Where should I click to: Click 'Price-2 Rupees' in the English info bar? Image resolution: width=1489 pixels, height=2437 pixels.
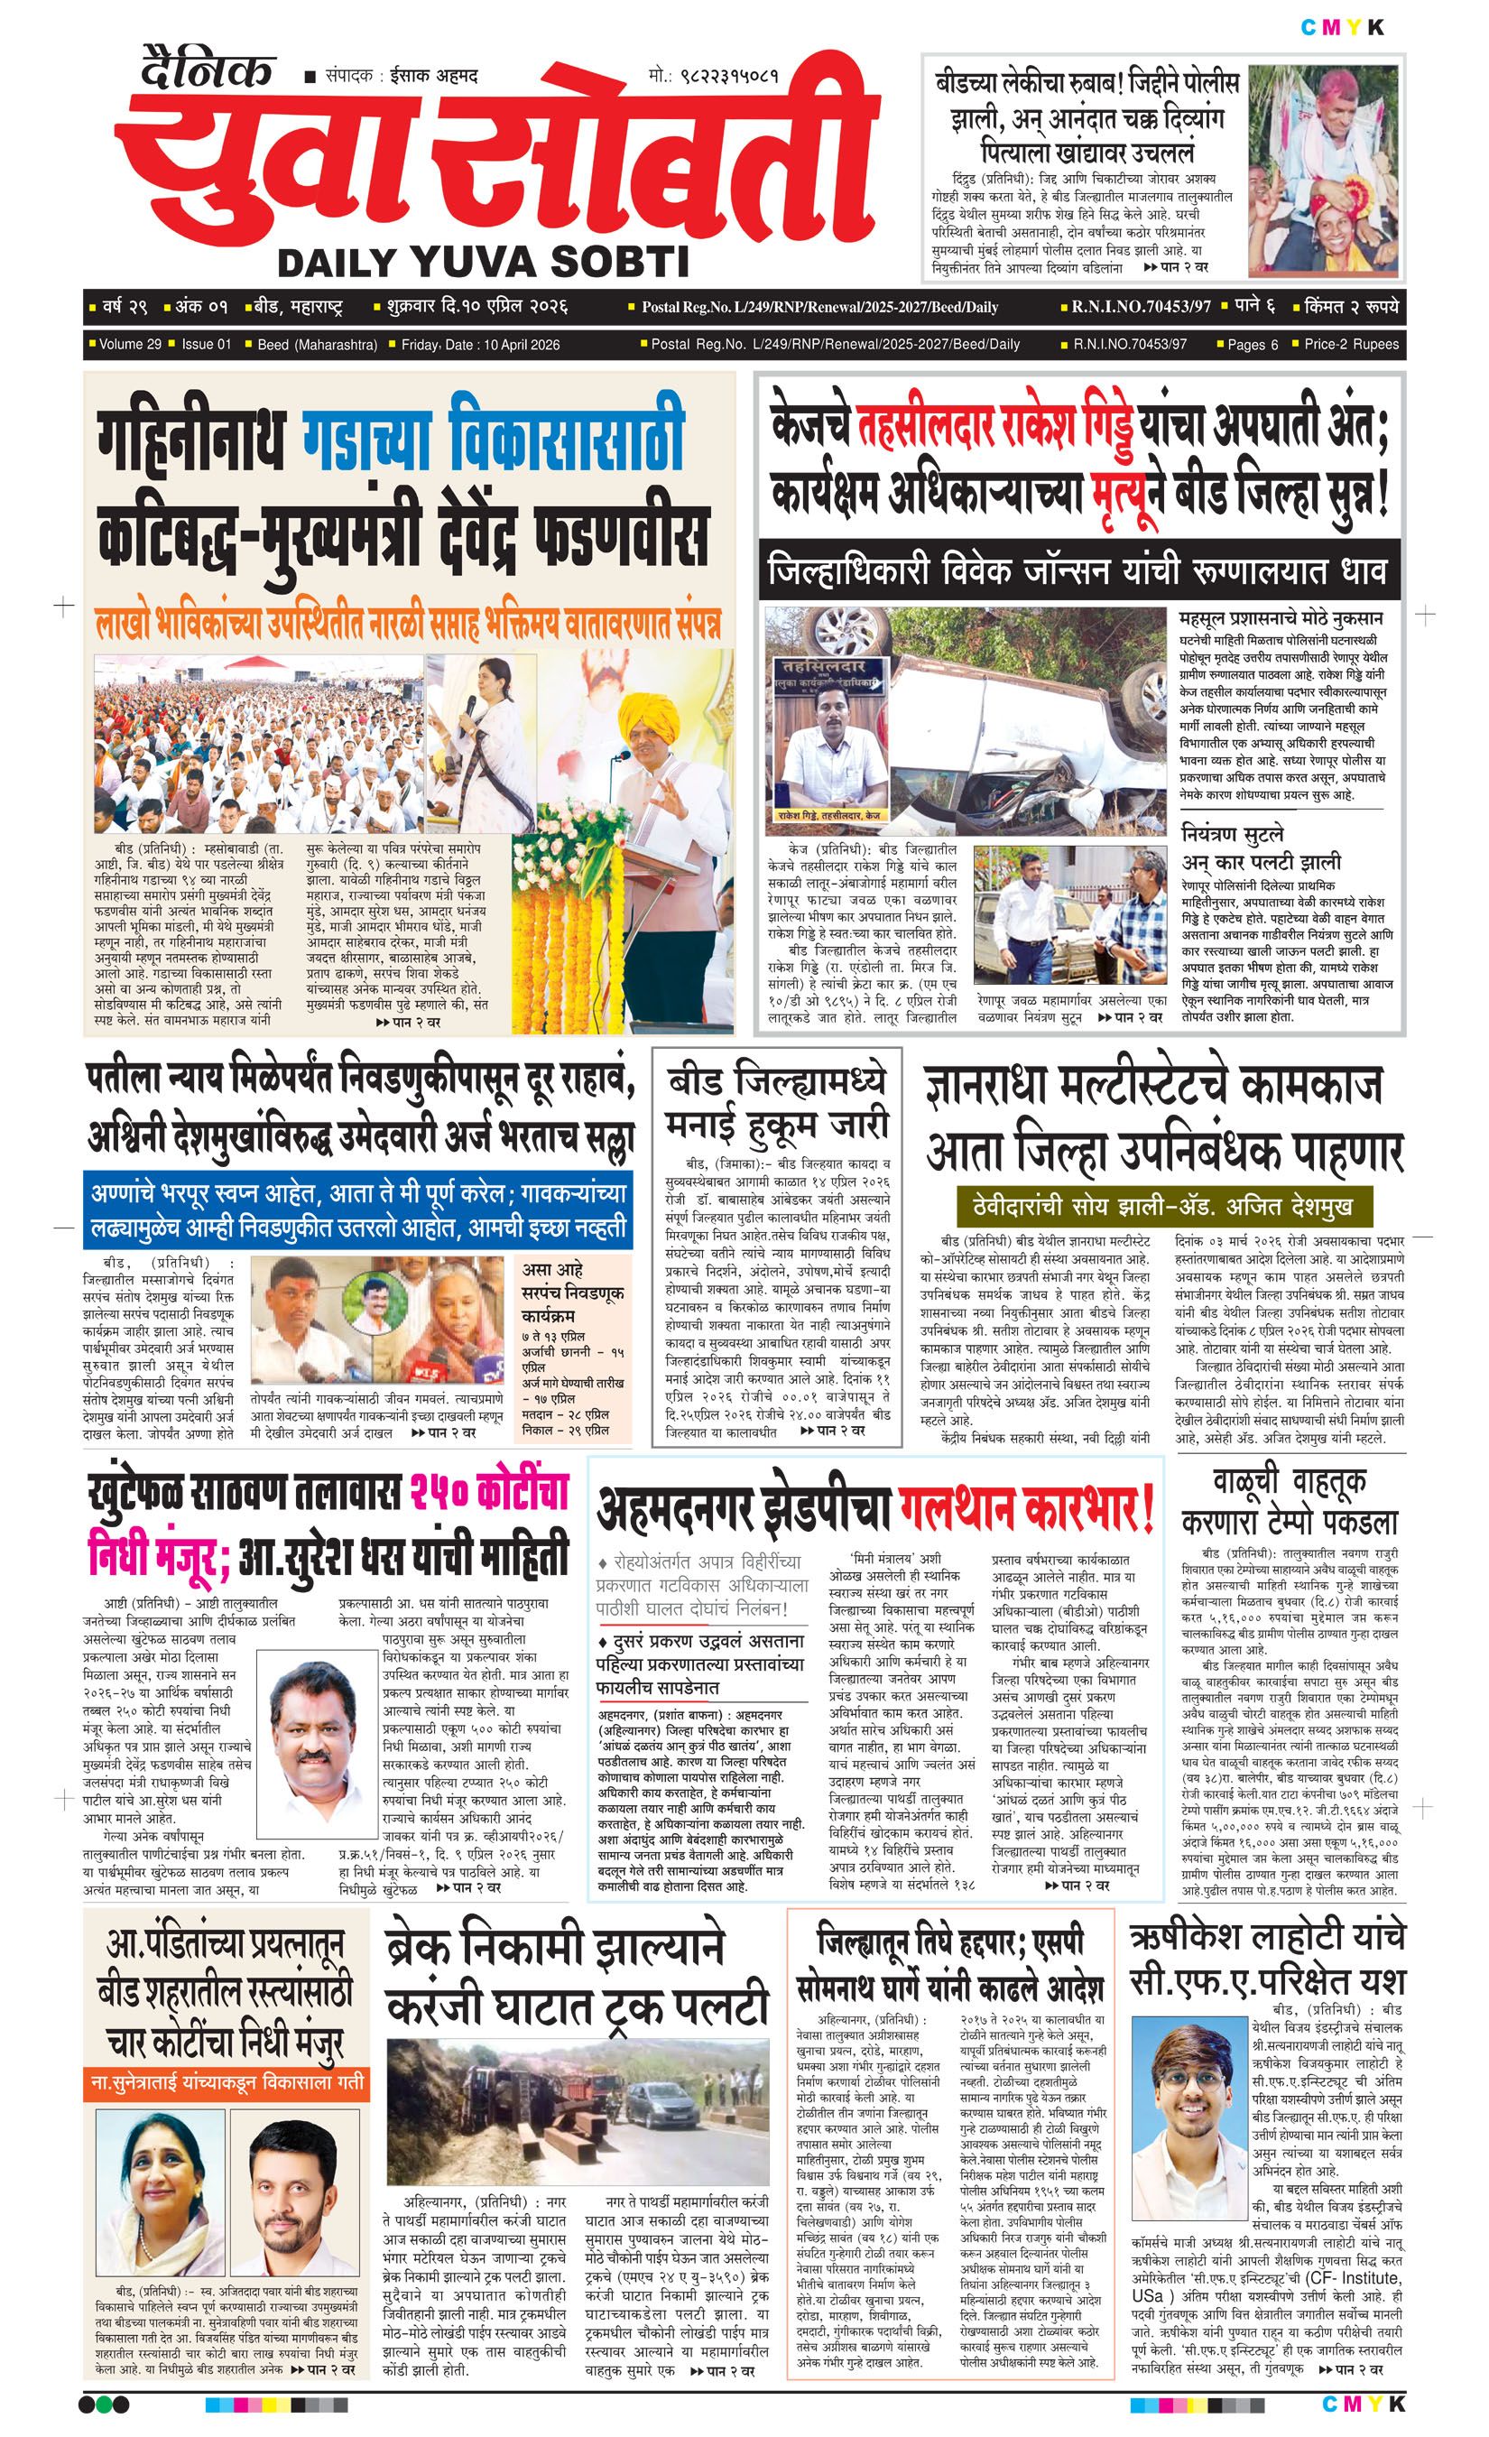pyautogui.click(x=1351, y=344)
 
